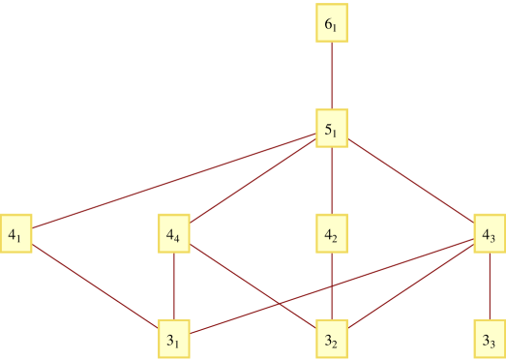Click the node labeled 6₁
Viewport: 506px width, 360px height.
[332, 24]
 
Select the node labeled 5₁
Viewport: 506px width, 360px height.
[332, 129]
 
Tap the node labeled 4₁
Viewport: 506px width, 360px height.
[16, 233]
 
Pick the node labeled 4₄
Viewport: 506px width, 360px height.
[174, 233]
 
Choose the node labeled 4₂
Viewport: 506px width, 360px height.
[332, 233]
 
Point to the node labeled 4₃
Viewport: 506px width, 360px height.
[490, 233]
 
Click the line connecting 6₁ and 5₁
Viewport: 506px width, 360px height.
[332, 76]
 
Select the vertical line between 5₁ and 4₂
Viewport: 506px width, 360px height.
[332, 181]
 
